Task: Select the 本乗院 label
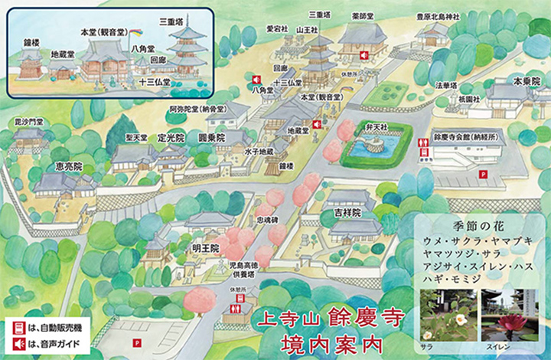point(527,80)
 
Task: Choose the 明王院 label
point(206,249)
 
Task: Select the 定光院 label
point(171,139)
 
